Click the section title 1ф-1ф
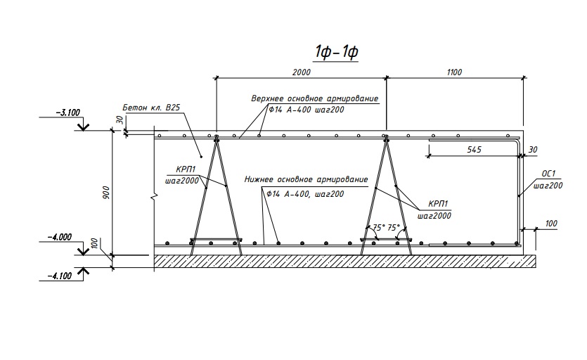(336, 53)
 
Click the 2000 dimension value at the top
(302, 72)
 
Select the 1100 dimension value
(453, 72)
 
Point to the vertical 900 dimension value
(106, 193)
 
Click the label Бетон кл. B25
(152, 108)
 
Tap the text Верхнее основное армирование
(315, 98)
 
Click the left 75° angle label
(378, 228)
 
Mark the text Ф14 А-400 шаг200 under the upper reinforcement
(304, 111)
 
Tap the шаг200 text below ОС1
(548, 186)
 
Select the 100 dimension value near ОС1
(551, 224)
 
